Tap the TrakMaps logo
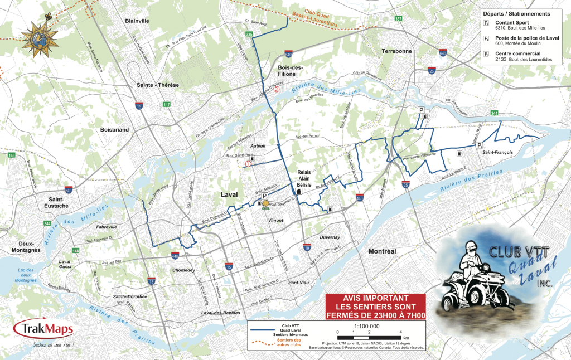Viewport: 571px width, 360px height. [44, 330]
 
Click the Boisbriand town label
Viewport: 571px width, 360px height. [115, 129]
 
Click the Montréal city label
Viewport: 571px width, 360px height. [382, 251]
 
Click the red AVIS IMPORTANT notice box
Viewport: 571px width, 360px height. [376, 307]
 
